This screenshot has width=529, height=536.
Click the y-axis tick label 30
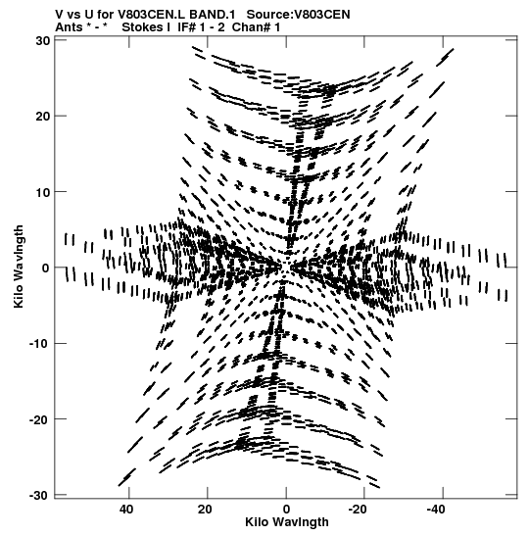tap(43, 41)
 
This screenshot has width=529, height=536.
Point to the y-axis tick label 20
tap(43, 117)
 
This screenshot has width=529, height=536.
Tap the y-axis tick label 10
tap(43, 192)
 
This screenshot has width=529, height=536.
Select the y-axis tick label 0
tap(46, 268)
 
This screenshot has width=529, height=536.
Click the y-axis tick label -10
tap(39, 344)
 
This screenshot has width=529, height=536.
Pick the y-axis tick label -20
tap(39, 419)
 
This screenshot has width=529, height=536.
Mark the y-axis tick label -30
tap(39, 495)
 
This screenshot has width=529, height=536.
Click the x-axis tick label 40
tap(126, 510)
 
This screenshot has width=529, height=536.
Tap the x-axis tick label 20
tap(205, 510)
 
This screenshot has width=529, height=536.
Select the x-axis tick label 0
tap(286, 510)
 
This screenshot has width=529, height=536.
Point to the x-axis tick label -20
tap(358, 510)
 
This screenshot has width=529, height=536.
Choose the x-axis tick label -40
tap(436, 510)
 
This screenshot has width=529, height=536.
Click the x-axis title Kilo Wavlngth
tap(287, 522)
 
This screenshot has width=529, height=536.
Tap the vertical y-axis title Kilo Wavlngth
tap(19, 267)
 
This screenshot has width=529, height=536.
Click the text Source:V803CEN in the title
tap(299, 15)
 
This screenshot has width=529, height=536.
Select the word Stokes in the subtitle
tap(142, 27)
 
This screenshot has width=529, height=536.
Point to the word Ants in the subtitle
tap(69, 27)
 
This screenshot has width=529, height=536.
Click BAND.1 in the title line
tap(212, 15)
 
